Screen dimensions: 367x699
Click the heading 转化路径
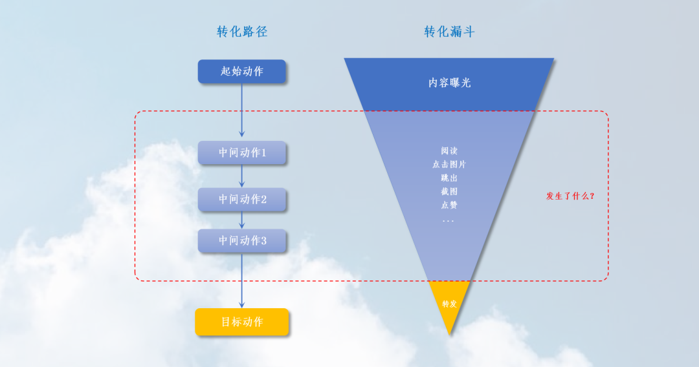(x=242, y=32)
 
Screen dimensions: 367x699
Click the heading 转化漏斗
(x=449, y=32)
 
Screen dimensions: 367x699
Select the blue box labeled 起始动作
(x=241, y=71)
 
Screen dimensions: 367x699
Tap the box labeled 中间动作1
(x=242, y=153)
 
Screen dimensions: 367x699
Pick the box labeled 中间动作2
(x=242, y=200)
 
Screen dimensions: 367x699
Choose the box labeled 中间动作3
(x=242, y=241)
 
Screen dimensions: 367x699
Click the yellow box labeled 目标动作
(x=242, y=322)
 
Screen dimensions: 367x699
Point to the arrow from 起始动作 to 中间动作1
(x=242, y=110)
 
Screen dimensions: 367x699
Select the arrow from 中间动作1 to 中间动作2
(x=242, y=176)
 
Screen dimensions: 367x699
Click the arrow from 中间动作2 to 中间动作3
(x=242, y=220)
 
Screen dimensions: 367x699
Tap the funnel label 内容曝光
(x=449, y=83)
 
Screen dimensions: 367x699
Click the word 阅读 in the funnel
(x=449, y=151)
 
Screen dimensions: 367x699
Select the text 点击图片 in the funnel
(x=449, y=164)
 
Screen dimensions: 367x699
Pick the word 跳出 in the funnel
(x=449, y=178)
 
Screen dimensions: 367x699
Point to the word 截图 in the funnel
(x=449, y=191)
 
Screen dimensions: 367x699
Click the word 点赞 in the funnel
(x=449, y=205)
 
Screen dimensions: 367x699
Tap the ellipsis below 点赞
(x=449, y=220)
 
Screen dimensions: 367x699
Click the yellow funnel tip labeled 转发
(x=449, y=304)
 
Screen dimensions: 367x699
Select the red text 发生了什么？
(x=570, y=196)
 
